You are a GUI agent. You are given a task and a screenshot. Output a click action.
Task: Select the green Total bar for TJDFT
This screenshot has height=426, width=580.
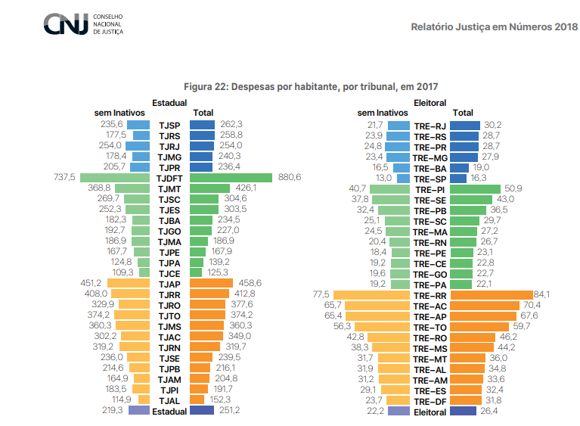231,178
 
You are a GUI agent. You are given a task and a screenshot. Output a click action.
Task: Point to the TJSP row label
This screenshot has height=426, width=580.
169,125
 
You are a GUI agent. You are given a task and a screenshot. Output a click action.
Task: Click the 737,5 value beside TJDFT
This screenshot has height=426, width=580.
65,177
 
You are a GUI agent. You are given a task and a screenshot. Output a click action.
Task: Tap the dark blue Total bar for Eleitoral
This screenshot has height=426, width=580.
464,411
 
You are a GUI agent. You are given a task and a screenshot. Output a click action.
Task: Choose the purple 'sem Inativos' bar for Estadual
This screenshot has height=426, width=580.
139,410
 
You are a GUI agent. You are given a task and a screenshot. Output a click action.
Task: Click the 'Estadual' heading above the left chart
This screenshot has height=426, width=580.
169,102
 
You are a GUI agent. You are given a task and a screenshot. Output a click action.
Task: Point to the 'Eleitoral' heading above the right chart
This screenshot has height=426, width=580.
430,102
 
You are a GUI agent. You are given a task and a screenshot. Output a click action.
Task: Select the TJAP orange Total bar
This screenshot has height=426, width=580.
211,283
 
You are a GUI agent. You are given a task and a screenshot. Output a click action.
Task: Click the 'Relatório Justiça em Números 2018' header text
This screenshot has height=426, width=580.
494,26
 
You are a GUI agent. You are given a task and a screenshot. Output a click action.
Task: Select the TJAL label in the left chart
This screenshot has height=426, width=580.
169,400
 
